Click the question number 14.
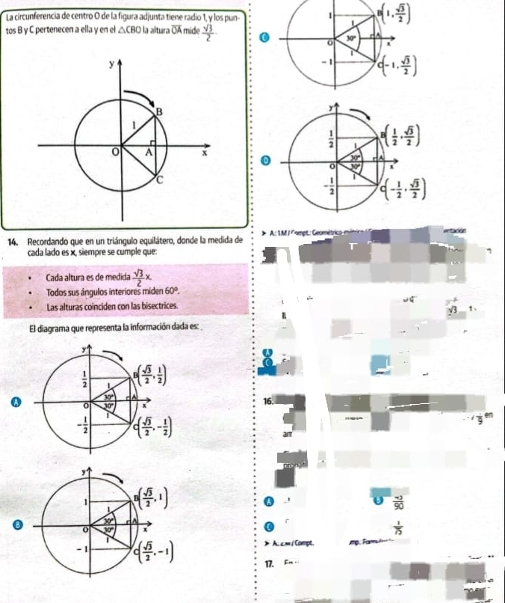pyautogui.click(x=12, y=242)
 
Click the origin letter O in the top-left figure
pyautogui.click(x=114, y=153)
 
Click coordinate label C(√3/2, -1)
pyautogui.click(x=154, y=553)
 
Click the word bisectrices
pyautogui.click(x=157, y=307)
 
